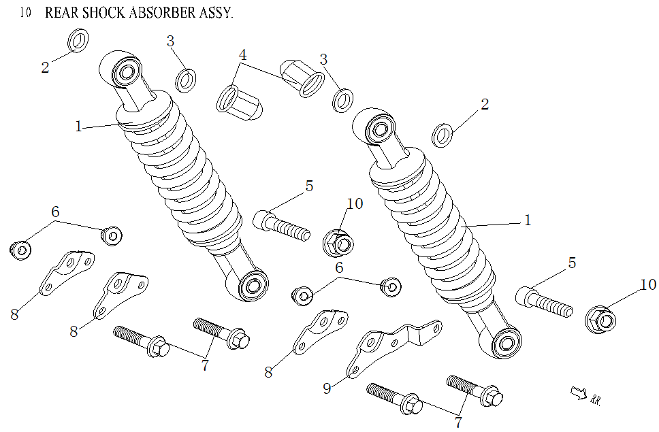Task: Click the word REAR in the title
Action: click(x=60, y=14)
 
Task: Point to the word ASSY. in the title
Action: click(x=213, y=14)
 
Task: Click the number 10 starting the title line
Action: click(x=26, y=14)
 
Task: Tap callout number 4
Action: click(x=242, y=55)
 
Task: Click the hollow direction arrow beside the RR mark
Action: click(x=578, y=393)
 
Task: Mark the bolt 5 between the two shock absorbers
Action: click(x=280, y=225)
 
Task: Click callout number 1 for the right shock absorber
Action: click(x=527, y=220)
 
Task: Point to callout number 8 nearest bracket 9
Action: click(x=268, y=372)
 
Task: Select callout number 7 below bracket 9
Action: click(x=458, y=422)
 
